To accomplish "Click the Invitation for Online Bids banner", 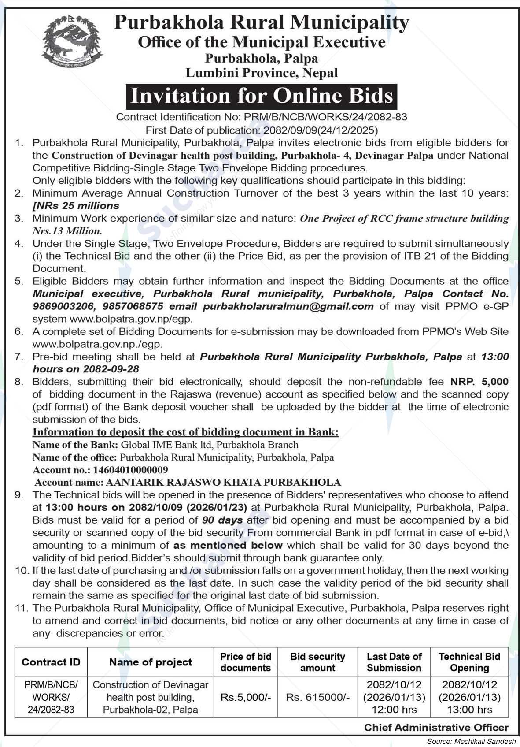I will coord(262,97).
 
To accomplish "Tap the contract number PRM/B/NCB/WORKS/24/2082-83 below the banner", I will coord(323,117).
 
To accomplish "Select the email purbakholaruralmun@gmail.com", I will coord(288,306).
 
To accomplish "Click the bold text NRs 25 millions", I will coord(76,206).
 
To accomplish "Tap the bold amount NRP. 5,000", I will coord(479,381).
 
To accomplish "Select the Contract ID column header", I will coord(51,662).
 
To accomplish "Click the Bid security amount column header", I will coord(317,662).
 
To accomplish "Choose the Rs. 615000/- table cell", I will coord(317,698).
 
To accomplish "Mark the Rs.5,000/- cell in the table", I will coord(246,698).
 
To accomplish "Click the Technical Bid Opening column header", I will coord(469,662).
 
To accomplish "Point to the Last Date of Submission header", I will coord(394,662).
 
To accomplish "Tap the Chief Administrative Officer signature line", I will coord(436,728).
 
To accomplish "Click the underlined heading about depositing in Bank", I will coord(186,432).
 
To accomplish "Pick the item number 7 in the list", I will coord(18,357).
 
